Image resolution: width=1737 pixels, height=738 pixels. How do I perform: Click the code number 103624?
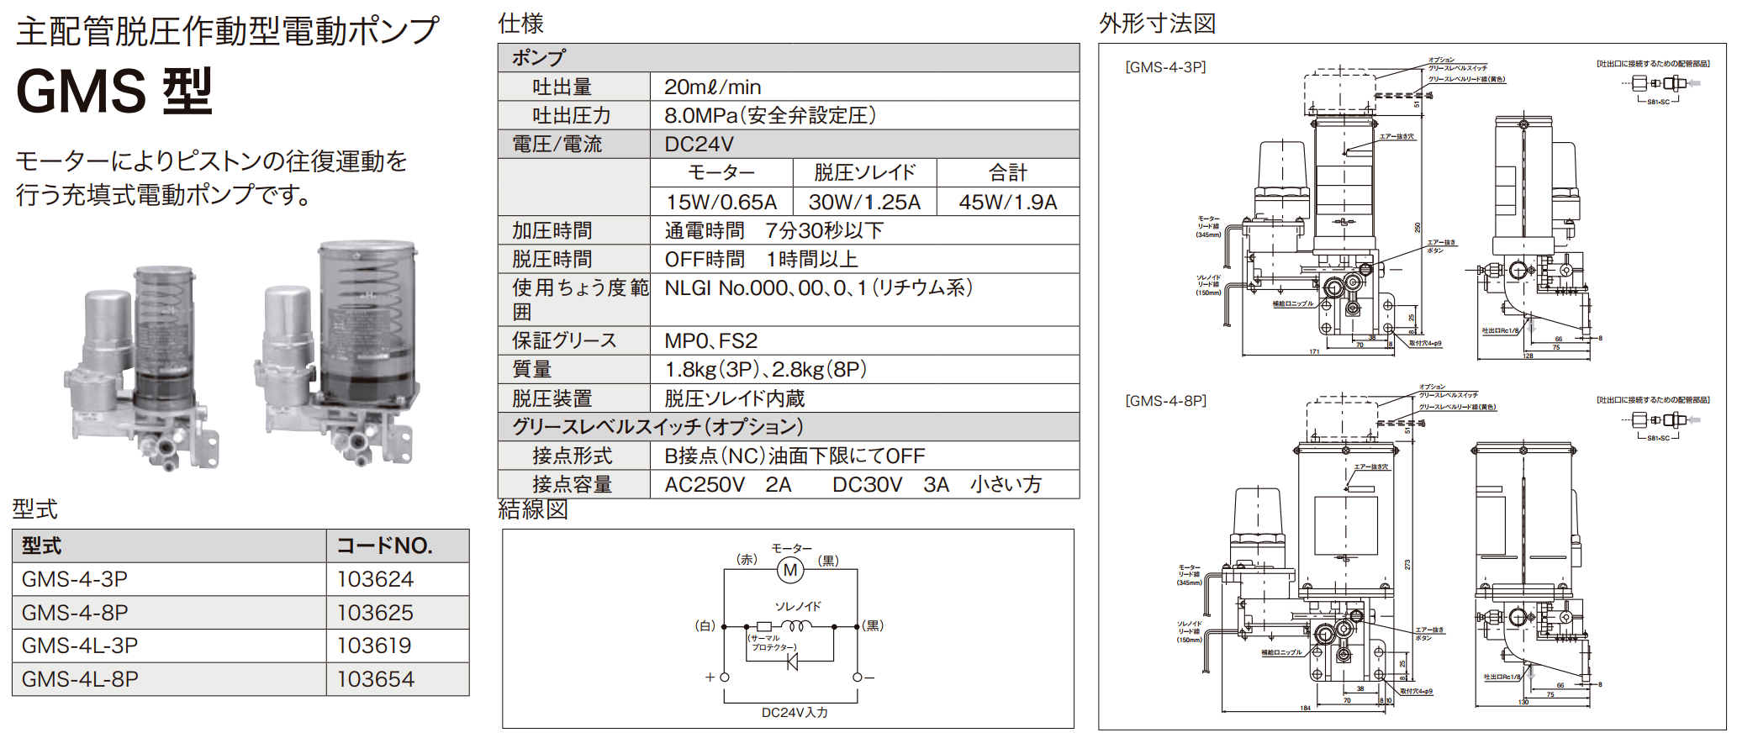coord(375,579)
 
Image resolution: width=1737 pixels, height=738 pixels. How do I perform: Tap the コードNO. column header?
coord(384,546)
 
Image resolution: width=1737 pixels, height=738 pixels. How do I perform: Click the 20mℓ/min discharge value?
coord(712,87)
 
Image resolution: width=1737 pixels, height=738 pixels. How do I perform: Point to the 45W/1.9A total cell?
coord(1007,203)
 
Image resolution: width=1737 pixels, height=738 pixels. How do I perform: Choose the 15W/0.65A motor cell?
coord(721,203)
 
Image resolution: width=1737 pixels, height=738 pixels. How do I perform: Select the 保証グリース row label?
coord(564,340)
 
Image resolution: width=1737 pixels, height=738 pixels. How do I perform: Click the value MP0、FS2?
coord(710,340)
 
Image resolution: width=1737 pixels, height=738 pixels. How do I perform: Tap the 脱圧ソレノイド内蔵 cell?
coord(734,398)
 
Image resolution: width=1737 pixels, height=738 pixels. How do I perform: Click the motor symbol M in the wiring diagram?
coord(790,571)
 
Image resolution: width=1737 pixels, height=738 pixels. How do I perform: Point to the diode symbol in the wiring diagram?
coord(792,662)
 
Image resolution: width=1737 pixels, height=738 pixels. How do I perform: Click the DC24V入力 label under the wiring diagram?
coord(795,713)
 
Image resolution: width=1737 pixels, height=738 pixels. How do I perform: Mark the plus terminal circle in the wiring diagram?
coord(725,677)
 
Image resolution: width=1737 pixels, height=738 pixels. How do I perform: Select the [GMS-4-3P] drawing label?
coord(1165,67)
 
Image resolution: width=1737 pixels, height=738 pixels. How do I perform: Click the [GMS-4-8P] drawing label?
coord(1165,401)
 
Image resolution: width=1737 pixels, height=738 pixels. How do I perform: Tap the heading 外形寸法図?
coord(1157,24)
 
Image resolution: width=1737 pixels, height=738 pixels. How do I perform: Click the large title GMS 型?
coord(114,91)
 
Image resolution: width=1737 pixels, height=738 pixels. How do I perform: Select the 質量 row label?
coord(531,369)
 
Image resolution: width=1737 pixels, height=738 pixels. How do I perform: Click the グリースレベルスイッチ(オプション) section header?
coord(657,427)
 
